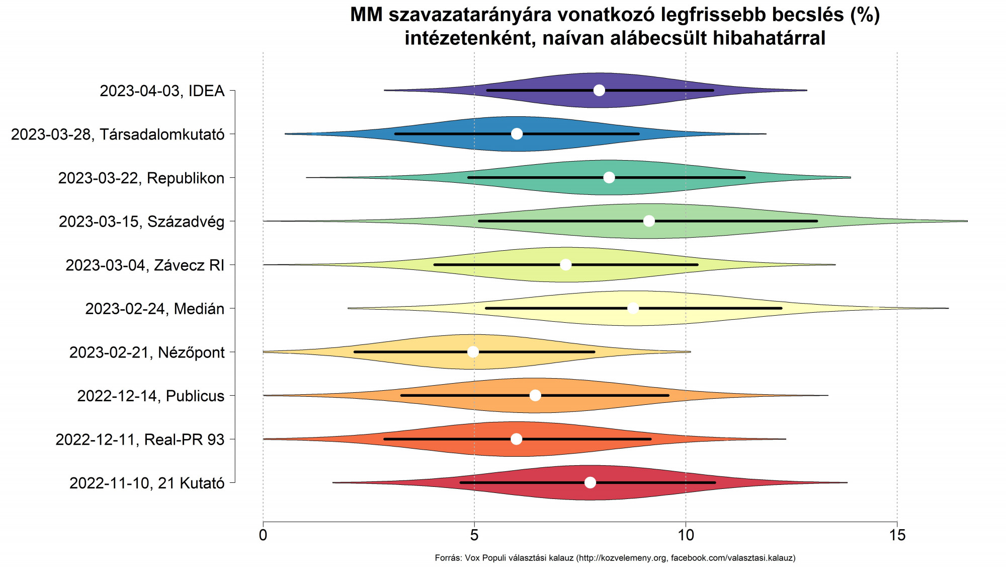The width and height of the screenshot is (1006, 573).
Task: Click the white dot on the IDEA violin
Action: coord(599,90)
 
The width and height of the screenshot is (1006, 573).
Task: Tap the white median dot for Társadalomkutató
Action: coord(517,134)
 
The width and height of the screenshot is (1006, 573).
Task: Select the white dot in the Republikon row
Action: coord(609,177)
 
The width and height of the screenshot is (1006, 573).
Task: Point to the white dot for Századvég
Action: coord(649,221)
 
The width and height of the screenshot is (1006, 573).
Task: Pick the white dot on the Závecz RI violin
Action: coord(566,265)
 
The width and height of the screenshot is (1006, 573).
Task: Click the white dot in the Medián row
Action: coord(633,308)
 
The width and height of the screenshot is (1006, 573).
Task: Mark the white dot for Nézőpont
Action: coord(473,351)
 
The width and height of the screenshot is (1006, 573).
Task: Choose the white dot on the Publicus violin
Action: coord(535,395)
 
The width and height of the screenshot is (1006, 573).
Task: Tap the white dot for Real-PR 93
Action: coord(517,439)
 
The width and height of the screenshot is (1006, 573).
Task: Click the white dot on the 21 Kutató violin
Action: coord(591,482)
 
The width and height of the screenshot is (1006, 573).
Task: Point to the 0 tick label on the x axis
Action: coord(263,535)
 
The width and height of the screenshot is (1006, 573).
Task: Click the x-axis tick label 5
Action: coord(474,535)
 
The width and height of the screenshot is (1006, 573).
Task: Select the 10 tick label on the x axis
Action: coord(686,535)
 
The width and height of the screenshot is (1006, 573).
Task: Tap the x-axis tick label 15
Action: coord(897,535)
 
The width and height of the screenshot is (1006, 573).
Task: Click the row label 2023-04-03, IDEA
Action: coord(162,91)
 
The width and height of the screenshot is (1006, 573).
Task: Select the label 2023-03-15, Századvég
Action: coord(141,222)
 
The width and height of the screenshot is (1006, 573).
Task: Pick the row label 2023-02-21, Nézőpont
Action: coord(147,352)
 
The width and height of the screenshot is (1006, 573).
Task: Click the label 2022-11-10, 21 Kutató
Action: coord(147,483)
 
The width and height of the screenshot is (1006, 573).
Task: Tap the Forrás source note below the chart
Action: coord(615,558)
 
